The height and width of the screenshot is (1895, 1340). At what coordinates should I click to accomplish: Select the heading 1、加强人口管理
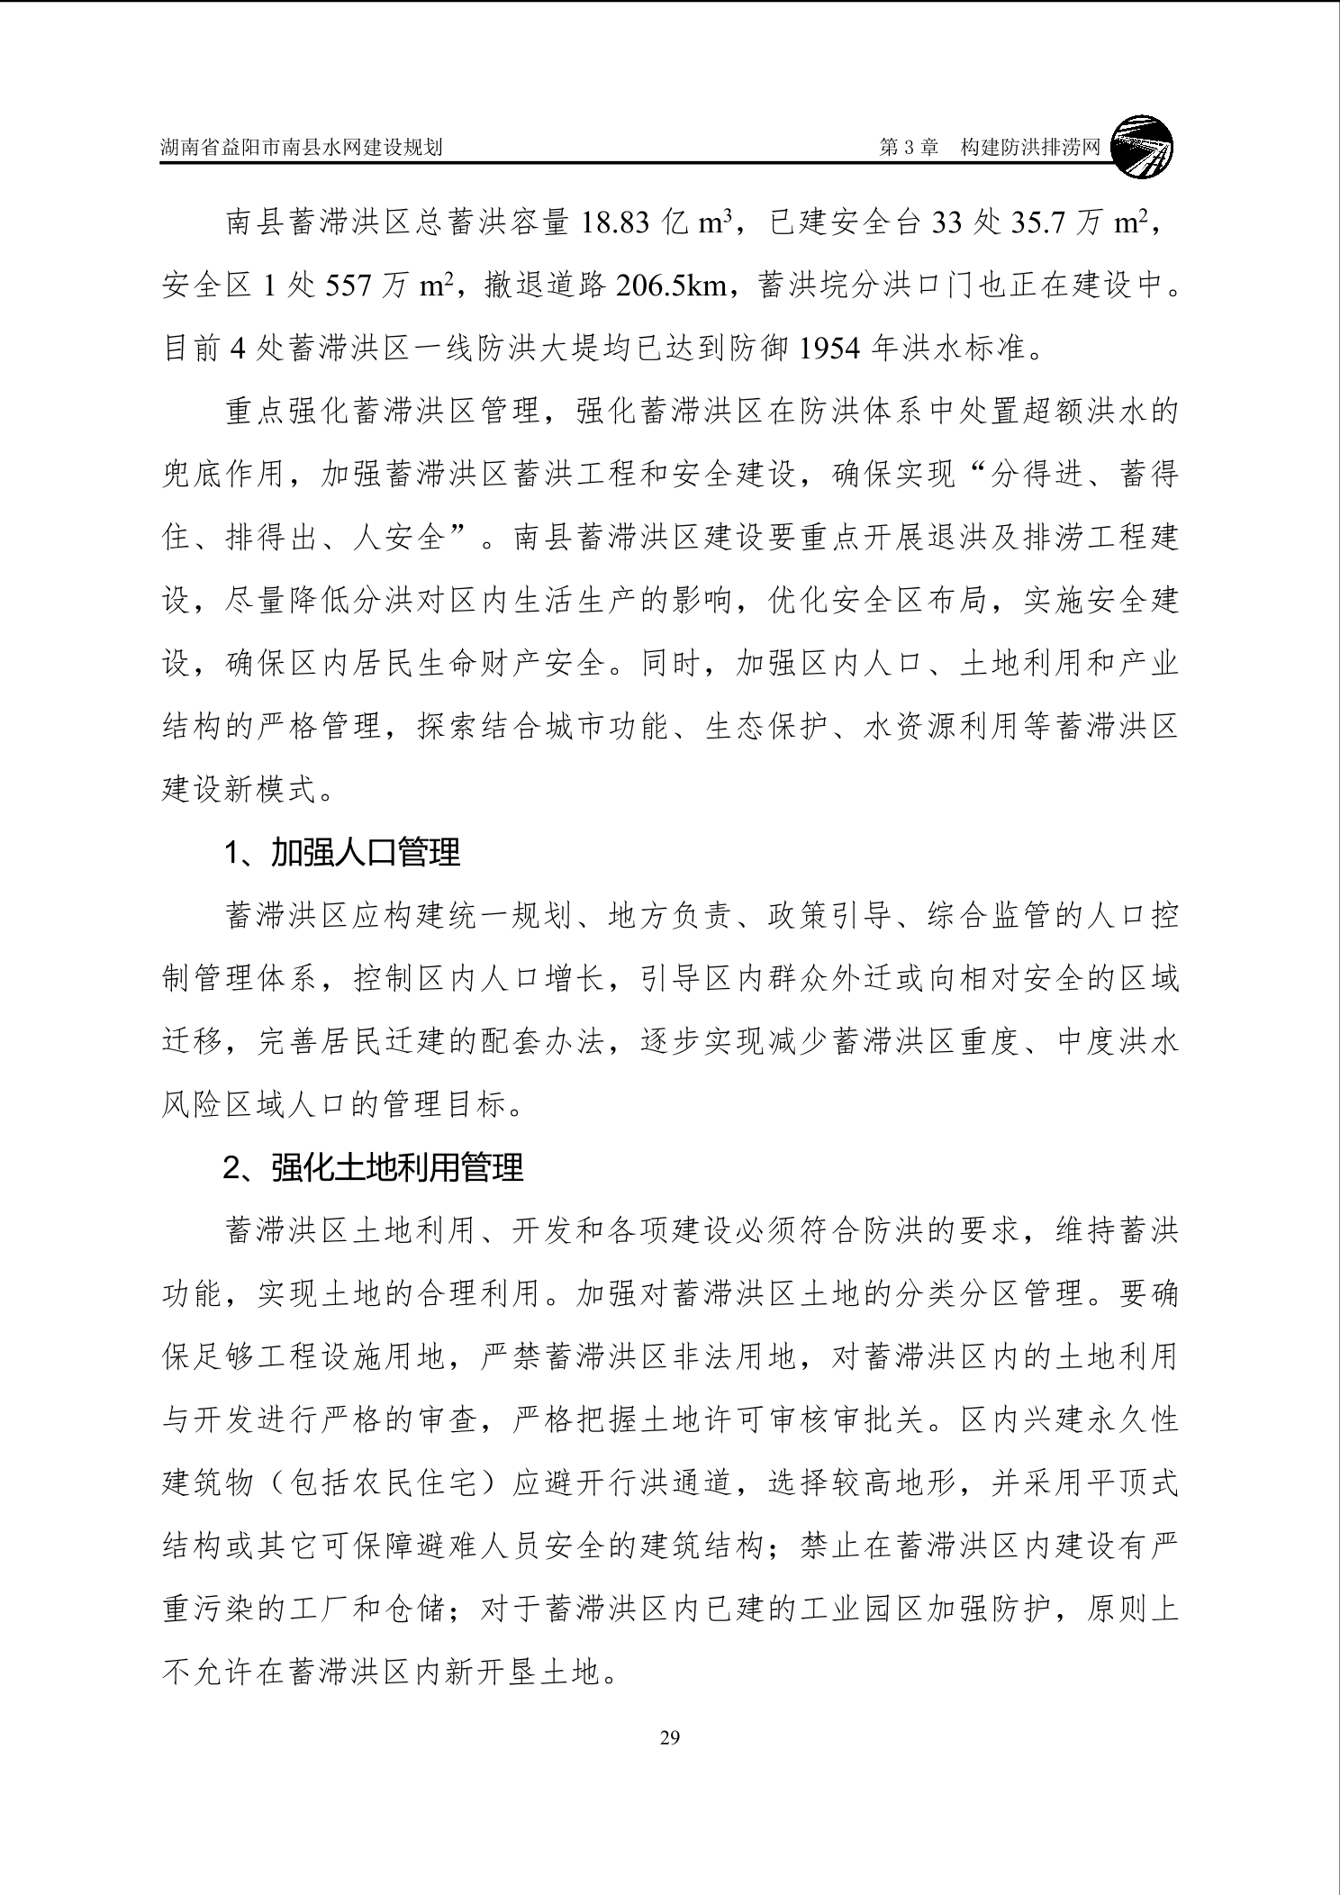342,852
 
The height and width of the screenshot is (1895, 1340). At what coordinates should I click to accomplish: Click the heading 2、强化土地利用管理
373,1167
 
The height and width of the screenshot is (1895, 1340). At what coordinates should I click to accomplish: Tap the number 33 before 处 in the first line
946,222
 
